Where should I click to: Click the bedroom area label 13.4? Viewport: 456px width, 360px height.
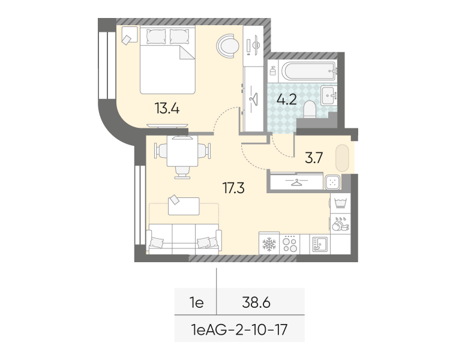(x=167, y=108)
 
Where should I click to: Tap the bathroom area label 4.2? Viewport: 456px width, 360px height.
(x=286, y=100)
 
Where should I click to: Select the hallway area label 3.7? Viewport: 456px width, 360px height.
(x=314, y=158)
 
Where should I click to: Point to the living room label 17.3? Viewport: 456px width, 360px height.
(x=233, y=188)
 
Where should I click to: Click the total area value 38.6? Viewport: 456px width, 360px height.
(x=256, y=302)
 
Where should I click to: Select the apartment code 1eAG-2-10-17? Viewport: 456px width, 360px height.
(x=239, y=330)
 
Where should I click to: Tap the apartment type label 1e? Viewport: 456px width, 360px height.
(x=196, y=302)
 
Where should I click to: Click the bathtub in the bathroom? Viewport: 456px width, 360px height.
(x=308, y=71)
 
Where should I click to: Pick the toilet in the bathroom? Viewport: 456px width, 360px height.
(x=310, y=109)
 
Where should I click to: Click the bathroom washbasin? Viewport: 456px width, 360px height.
(x=329, y=95)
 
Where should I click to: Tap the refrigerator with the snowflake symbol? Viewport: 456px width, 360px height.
(x=269, y=244)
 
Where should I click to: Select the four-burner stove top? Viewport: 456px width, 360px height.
(x=290, y=244)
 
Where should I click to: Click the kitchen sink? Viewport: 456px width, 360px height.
(x=320, y=244)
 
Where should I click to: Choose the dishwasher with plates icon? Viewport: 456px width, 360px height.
(x=340, y=224)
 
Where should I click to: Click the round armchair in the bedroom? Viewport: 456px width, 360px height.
(x=228, y=46)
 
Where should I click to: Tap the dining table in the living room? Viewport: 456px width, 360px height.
(x=182, y=151)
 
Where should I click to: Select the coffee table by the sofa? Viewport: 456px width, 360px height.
(x=184, y=206)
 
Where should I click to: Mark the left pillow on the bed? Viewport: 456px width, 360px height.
(x=156, y=37)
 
